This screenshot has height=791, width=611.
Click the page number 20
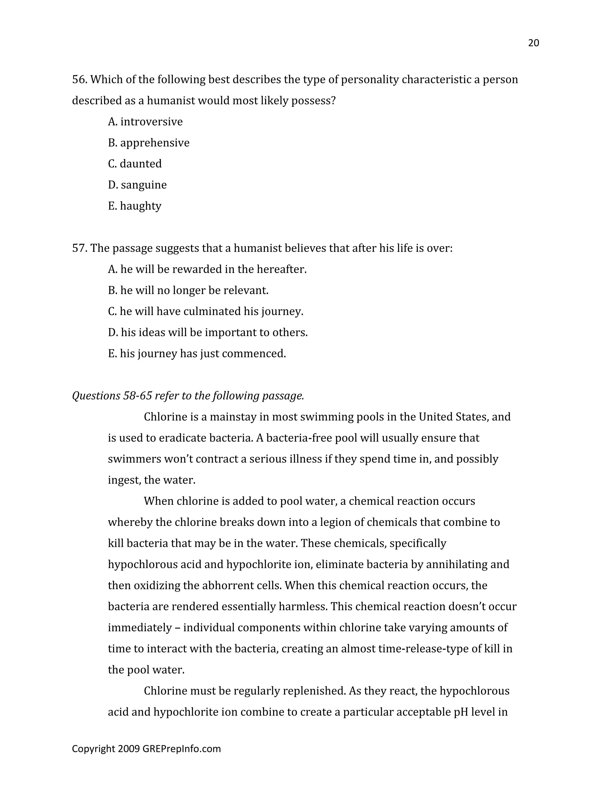(x=533, y=43)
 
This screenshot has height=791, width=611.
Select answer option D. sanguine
(x=137, y=185)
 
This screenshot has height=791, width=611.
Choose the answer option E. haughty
(x=135, y=206)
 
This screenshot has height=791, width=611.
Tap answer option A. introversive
(x=145, y=122)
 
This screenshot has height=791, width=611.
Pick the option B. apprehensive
(x=148, y=143)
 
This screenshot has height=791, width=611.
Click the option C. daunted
(x=135, y=164)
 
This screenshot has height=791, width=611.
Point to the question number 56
(x=79, y=79)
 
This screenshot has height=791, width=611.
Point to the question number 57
(x=79, y=248)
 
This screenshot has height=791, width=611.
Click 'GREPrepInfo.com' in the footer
(x=181, y=749)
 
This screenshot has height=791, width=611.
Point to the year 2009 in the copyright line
(x=129, y=749)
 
